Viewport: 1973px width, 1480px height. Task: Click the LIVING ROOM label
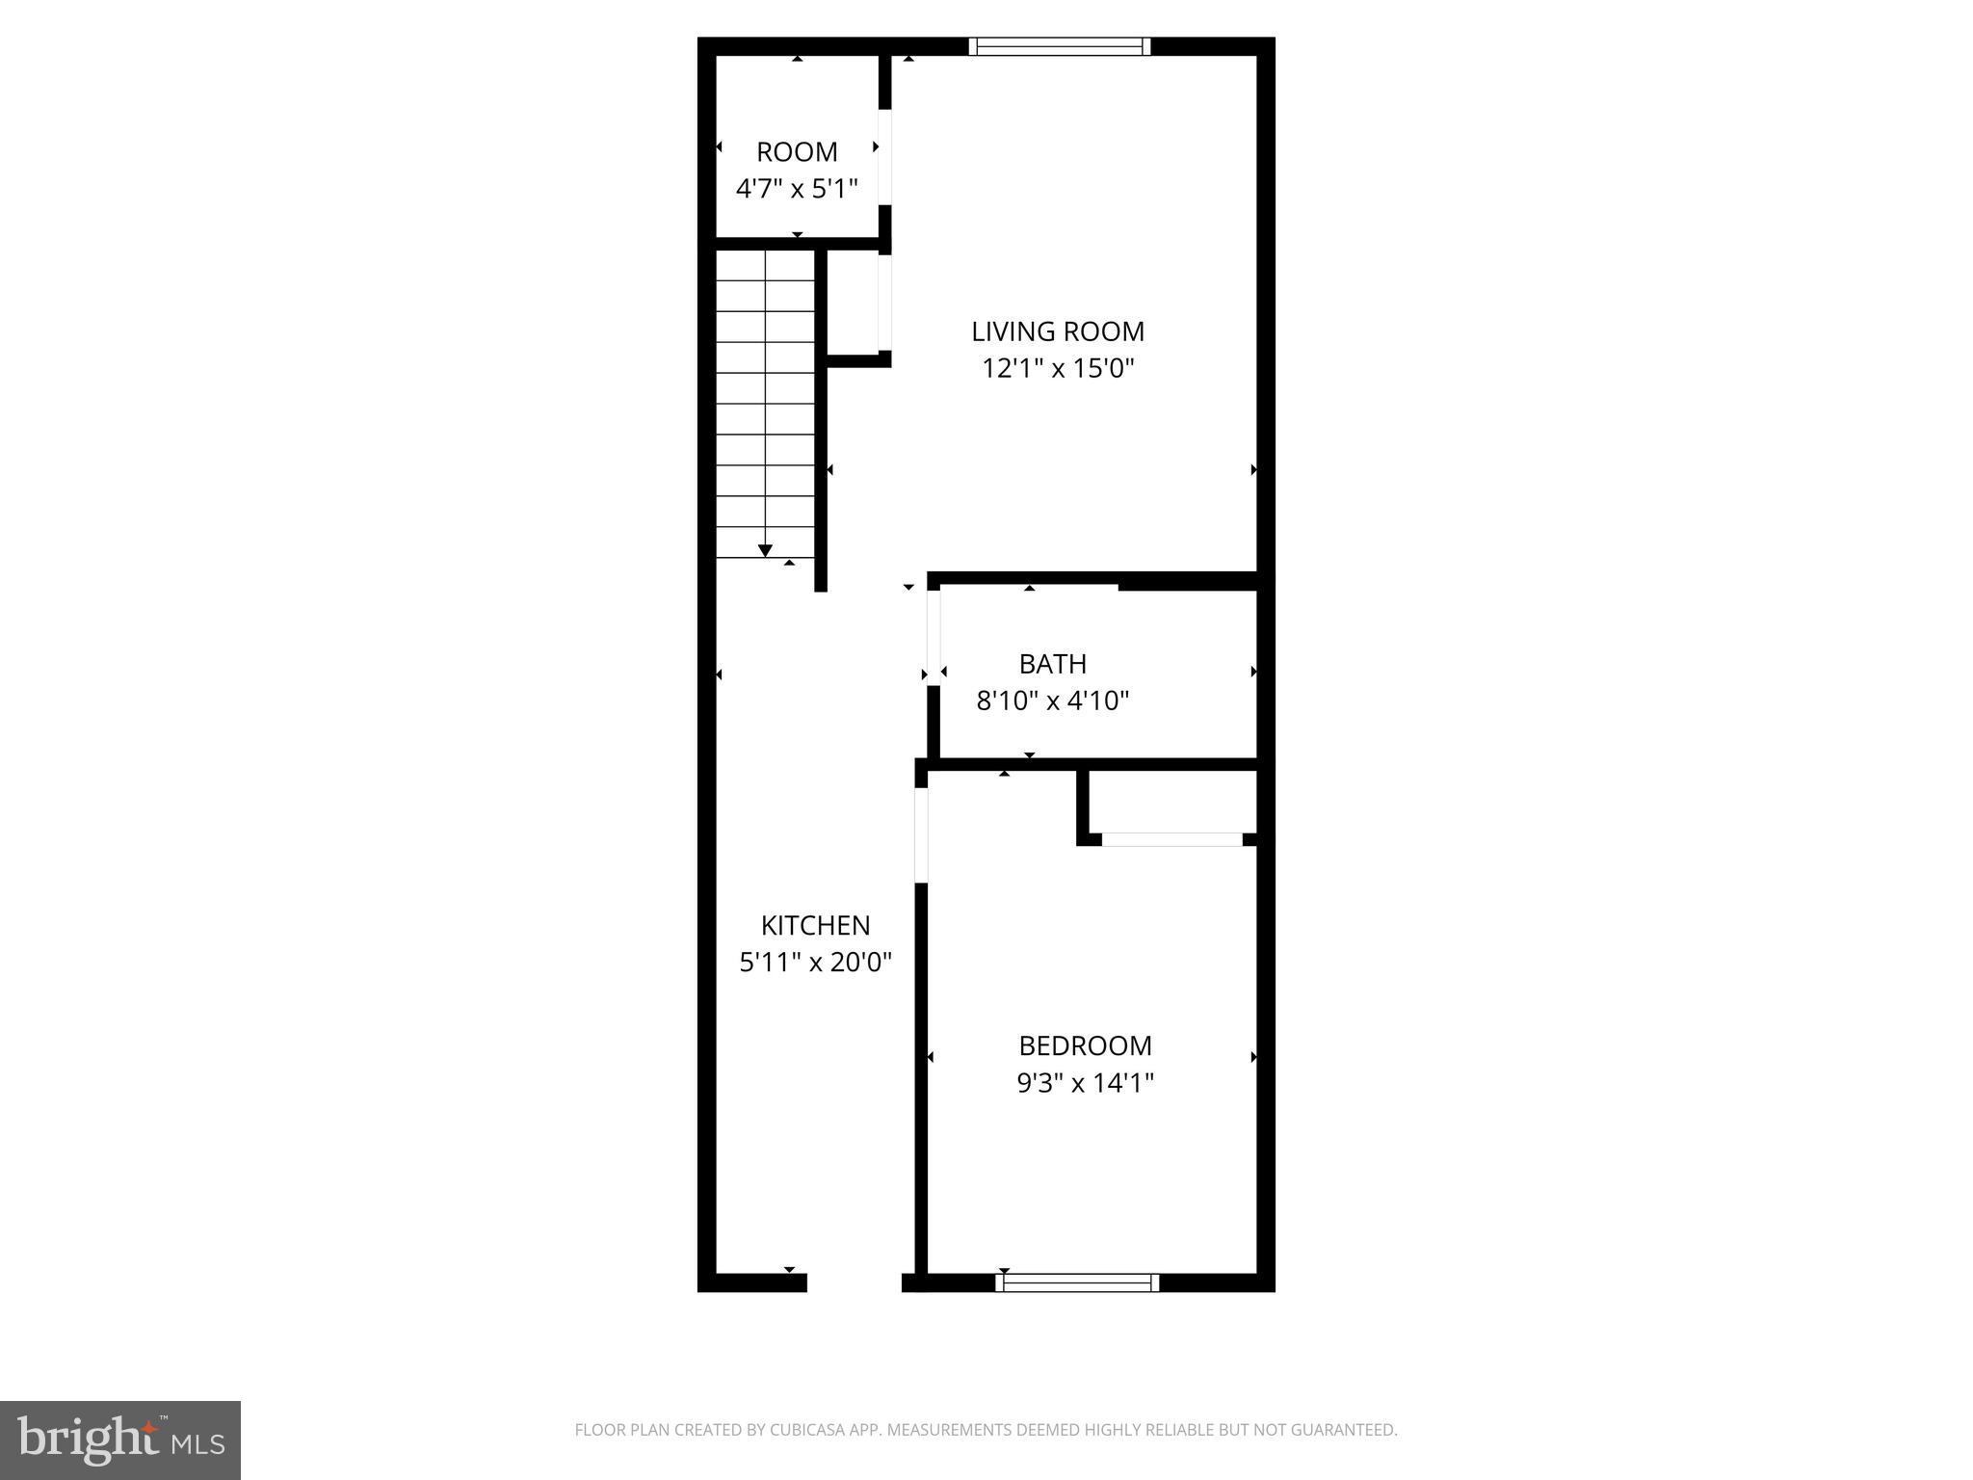click(1058, 331)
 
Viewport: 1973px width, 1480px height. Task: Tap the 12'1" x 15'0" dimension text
click(1058, 368)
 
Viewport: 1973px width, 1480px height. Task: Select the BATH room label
click(1052, 664)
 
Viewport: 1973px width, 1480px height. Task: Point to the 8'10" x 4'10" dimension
click(1052, 700)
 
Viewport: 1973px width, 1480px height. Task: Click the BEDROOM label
click(1085, 1045)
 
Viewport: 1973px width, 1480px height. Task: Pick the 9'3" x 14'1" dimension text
click(1085, 1083)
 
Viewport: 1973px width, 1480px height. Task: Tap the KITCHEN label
click(815, 925)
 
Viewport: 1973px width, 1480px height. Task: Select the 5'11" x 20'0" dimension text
click(815, 962)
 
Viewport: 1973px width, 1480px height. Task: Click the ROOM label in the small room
click(797, 152)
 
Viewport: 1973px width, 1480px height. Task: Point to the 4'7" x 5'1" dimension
click(797, 189)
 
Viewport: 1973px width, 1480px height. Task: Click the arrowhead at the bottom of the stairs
click(765, 550)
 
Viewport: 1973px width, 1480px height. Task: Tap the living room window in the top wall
click(1059, 46)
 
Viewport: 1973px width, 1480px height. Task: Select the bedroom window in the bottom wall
click(1077, 1282)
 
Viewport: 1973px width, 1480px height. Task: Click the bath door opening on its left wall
click(933, 636)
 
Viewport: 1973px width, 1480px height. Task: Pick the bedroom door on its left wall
click(921, 834)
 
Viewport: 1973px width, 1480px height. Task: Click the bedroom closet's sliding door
click(1171, 839)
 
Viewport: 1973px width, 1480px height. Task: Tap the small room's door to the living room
click(885, 157)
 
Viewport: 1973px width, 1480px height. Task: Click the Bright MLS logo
click(120, 1440)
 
